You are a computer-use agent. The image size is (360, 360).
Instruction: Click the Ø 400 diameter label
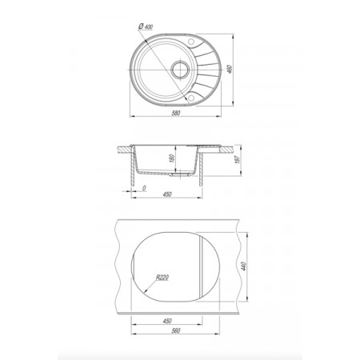(146, 26)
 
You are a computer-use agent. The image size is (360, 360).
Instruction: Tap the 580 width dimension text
(176, 113)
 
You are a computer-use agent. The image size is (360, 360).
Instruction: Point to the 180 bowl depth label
(172, 158)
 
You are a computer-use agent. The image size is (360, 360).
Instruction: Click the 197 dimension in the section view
(238, 159)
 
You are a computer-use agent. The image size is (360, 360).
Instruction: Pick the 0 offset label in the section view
(144, 188)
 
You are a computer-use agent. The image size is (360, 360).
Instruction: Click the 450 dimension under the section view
(167, 194)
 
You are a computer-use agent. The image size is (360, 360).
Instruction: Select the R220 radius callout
(162, 278)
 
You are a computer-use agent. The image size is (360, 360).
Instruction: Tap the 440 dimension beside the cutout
(244, 266)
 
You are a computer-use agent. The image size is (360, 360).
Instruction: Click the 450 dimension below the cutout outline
(167, 321)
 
